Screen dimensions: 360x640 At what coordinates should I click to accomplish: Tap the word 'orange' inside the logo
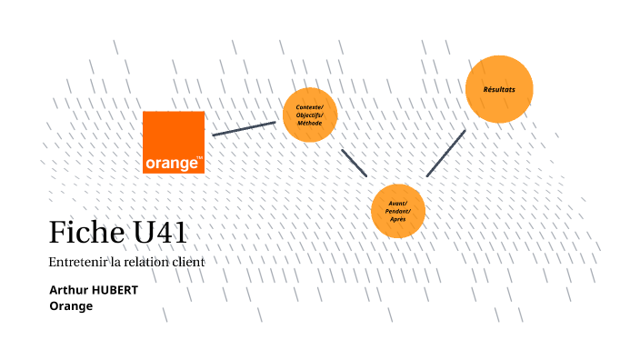[172, 164]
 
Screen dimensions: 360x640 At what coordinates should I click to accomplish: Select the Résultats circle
[498, 89]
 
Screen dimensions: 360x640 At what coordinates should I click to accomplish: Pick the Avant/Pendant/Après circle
[398, 211]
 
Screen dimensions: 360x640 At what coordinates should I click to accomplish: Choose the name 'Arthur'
[72, 290]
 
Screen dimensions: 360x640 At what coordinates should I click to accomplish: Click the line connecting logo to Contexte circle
[244, 128]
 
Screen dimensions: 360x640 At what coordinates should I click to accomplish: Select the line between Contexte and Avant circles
[354, 162]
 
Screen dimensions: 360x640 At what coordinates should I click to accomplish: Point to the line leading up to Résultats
[445, 153]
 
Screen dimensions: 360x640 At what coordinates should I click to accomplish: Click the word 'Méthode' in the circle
[310, 123]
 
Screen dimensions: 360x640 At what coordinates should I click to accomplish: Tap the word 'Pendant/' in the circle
[398, 211]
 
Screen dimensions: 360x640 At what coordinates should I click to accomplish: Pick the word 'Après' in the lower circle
[398, 219]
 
